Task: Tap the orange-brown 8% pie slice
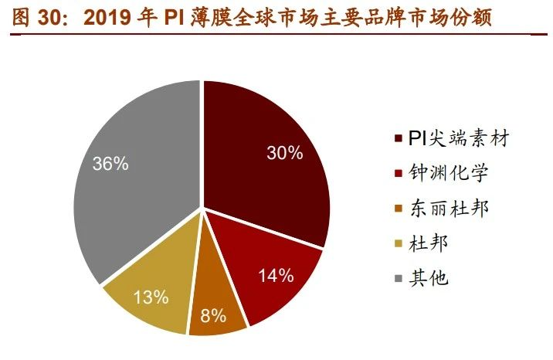coord(215,305)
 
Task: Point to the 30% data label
coord(283,153)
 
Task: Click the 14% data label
coord(275,275)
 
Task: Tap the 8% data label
coord(212,315)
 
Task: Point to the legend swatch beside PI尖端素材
coord(398,140)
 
